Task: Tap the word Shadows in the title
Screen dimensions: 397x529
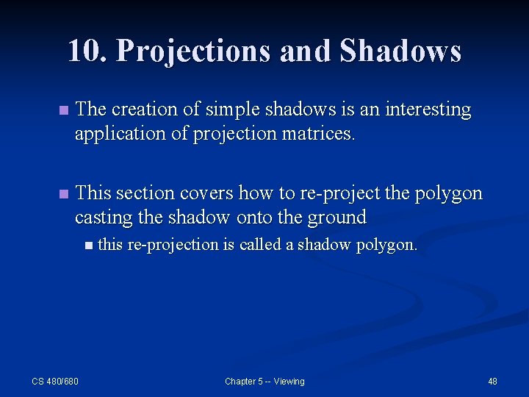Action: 400,51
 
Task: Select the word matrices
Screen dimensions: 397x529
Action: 323,134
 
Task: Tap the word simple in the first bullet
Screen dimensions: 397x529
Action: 224,110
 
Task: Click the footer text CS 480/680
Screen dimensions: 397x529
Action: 55,381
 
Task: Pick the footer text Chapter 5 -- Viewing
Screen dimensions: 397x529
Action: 264,381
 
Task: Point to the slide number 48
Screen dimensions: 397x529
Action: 492,381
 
